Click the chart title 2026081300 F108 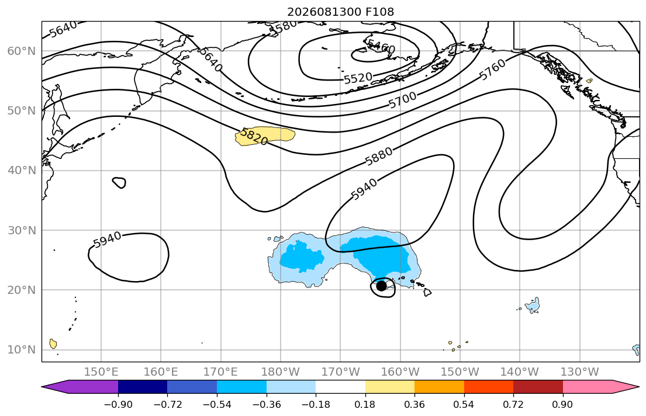pos(340,12)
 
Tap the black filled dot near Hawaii pos(382,286)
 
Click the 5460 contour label pos(381,47)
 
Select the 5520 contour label pos(358,78)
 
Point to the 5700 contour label pos(403,100)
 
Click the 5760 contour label pos(492,70)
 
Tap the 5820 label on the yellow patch pos(254,136)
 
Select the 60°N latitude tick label pos(22,51)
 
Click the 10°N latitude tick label pos(22,350)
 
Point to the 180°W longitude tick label pos(281,372)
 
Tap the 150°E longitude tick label pos(101,372)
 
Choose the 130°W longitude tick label pos(580,372)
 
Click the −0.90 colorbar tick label pos(118,404)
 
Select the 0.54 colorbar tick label pos(464,404)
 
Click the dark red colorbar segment pos(538,387)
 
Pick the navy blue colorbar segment pos(143,387)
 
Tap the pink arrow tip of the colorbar pos(638,387)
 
